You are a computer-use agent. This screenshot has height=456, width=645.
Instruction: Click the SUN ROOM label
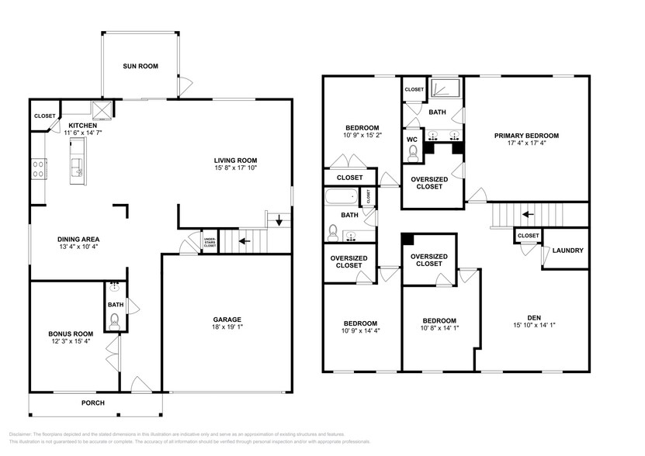point(140,67)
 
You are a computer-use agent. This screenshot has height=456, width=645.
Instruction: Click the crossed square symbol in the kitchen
point(100,109)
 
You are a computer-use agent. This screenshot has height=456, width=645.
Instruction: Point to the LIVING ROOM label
point(236,161)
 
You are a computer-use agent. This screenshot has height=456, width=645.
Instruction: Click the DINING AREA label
point(78,239)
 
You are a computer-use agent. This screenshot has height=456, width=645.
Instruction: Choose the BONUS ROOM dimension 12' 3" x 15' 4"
point(71,342)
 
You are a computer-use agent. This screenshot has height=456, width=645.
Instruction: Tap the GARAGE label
point(227,320)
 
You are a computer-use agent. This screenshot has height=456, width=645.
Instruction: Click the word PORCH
point(94,403)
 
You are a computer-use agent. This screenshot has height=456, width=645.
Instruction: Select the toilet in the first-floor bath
point(114,319)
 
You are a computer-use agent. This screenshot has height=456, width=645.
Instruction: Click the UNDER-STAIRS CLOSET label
point(210,242)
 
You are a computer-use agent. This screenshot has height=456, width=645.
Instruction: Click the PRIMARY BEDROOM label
point(526,136)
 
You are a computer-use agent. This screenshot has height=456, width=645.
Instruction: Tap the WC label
point(412,140)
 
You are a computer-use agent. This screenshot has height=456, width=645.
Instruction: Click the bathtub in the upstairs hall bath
point(342,197)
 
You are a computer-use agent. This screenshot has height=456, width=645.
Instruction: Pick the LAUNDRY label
point(567,250)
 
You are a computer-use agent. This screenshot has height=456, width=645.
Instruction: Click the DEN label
point(533,317)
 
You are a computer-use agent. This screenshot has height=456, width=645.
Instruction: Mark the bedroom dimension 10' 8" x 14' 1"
point(439,329)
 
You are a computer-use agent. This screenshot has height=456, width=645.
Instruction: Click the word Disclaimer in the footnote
point(24,434)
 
